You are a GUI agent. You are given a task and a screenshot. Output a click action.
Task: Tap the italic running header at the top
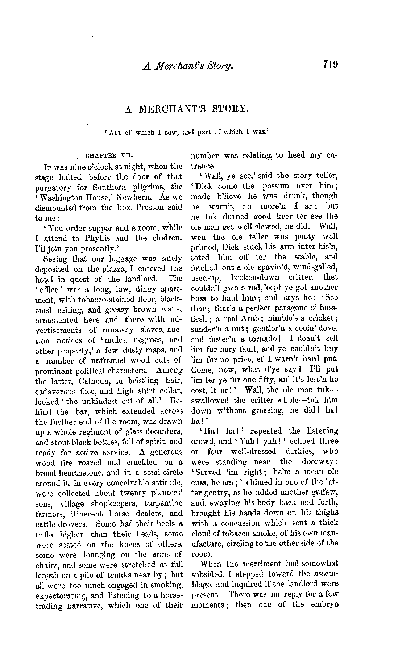click(187, 66)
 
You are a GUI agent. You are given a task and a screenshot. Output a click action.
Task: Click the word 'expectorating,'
click(60, 595)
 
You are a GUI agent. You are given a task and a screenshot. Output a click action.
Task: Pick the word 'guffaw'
click(321, 492)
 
